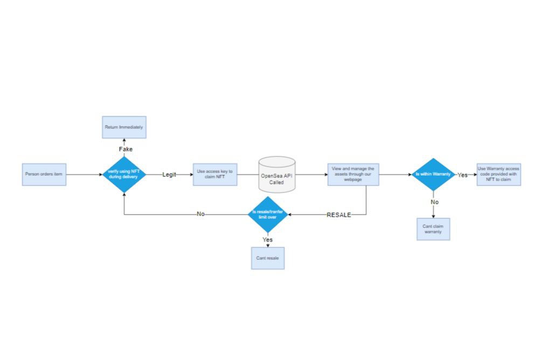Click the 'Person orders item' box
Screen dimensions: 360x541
[44, 175]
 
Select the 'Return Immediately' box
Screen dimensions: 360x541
[124, 127]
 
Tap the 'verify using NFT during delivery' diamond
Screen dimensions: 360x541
[124, 175]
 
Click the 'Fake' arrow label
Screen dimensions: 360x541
[126, 149]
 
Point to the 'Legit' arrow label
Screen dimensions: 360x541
[169, 175]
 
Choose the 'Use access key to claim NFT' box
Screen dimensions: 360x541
[214, 175]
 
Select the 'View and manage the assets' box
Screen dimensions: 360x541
[353, 175]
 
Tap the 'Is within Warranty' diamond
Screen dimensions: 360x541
[433, 175]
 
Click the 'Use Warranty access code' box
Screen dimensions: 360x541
[498, 175]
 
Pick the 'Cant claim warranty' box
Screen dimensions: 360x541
[433, 229]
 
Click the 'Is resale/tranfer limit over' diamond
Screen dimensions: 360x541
[268, 214]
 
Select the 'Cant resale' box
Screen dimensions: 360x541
[268, 258]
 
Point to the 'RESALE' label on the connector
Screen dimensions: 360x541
[338, 214]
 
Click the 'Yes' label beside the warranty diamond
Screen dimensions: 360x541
[462, 175]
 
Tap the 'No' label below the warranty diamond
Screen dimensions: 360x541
[434, 202]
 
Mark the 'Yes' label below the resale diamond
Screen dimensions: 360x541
[268, 239]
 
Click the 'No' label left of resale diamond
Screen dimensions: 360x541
[200, 214]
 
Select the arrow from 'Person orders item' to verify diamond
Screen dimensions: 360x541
[84, 175]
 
